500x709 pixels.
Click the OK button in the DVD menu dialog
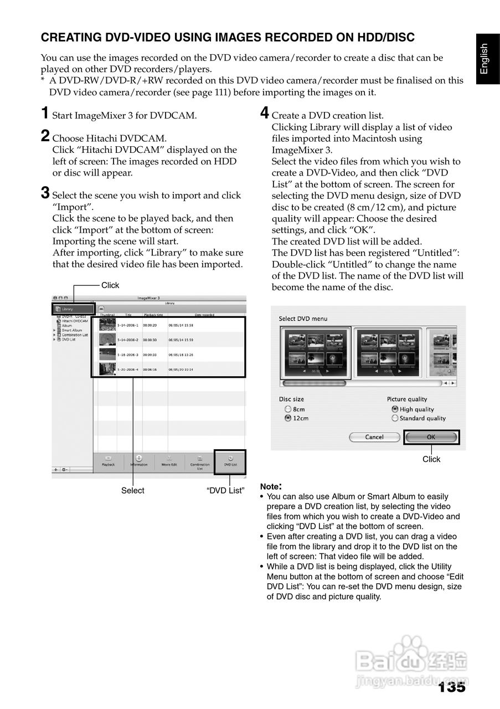coord(431,437)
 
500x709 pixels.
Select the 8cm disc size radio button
coord(288,409)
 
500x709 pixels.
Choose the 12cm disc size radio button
coord(288,418)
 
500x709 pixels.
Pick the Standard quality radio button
coord(395,418)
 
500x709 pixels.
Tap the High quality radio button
coord(395,409)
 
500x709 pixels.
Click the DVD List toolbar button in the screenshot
coord(230,461)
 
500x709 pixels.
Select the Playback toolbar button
coord(108,461)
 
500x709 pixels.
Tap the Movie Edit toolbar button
coord(169,461)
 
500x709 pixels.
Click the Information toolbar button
coord(138,461)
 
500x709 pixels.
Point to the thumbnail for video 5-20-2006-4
coord(107,368)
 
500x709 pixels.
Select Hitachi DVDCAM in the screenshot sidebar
coord(74,321)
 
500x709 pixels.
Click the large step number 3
coord(45,193)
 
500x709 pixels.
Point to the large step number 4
coord(265,114)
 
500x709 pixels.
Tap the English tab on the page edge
coord(484,58)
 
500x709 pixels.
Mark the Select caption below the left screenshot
coord(133,491)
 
